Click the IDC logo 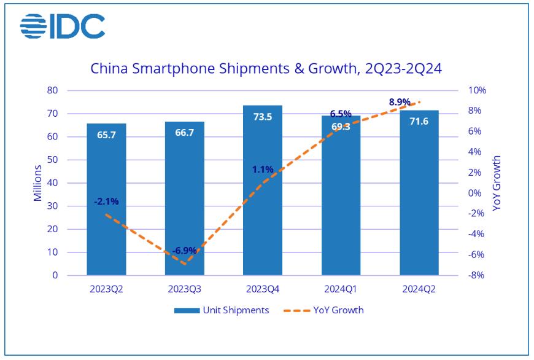click(63, 26)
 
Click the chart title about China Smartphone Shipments click(266, 68)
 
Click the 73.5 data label click(263, 116)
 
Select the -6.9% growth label click(184, 251)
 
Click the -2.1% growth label click(106, 201)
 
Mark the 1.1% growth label click(263, 169)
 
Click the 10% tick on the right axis click(476, 91)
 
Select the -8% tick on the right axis click(476, 275)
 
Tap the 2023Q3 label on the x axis click(184, 289)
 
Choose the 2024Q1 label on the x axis click(341, 289)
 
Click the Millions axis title click(38, 183)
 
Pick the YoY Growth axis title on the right click(497, 183)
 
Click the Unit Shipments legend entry click(222, 310)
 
